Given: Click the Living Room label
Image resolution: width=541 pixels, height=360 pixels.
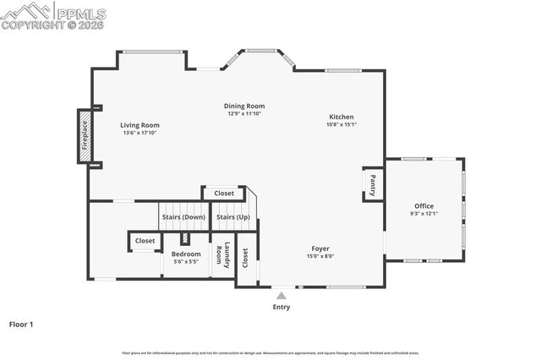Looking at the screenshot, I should (x=140, y=125).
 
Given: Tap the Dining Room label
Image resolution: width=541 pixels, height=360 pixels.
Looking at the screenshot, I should (x=244, y=106).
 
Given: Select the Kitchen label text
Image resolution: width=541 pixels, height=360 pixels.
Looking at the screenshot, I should (x=342, y=117).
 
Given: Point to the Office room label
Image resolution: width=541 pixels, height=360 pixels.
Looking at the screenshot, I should (x=424, y=206).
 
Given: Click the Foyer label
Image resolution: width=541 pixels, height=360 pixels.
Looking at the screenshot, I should (x=320, y=248).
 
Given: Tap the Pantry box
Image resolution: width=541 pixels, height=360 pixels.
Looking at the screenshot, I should (x=373, y=184).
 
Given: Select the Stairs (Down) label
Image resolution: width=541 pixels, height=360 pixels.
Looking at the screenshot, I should (x=183, y=217).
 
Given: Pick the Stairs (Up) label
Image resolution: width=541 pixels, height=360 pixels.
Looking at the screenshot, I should (x=232, y=217).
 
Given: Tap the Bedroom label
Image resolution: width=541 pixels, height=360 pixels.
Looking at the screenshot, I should (x=186, y=254).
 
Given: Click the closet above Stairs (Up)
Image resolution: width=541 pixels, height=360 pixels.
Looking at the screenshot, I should (x=224, y=194).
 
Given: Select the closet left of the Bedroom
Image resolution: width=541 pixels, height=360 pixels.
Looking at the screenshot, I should (x=145, y=241).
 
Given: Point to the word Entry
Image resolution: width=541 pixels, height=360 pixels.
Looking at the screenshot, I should (x=281, y=307).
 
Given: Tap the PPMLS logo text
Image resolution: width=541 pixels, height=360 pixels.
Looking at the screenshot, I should (x=81, y=14).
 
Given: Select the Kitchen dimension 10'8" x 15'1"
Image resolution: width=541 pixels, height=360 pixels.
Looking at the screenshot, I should (x=342, y=125).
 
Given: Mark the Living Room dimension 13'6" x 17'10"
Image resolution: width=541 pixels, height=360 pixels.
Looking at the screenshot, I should (x=140, y=133).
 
